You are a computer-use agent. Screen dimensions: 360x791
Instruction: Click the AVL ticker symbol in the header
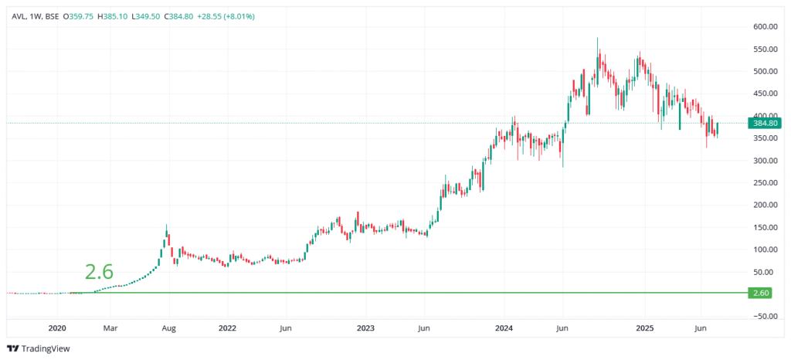pos(17,16)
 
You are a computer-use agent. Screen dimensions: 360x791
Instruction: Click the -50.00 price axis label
pos(764,317)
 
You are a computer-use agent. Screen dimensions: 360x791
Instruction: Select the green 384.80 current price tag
pos(765,123)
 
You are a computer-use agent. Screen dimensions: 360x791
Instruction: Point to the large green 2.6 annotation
pos(99,271)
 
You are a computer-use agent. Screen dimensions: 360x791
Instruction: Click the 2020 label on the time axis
pos(58,328)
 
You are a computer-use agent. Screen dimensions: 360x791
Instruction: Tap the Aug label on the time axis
pos(169,328)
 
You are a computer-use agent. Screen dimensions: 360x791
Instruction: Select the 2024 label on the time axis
pos(504,328)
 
